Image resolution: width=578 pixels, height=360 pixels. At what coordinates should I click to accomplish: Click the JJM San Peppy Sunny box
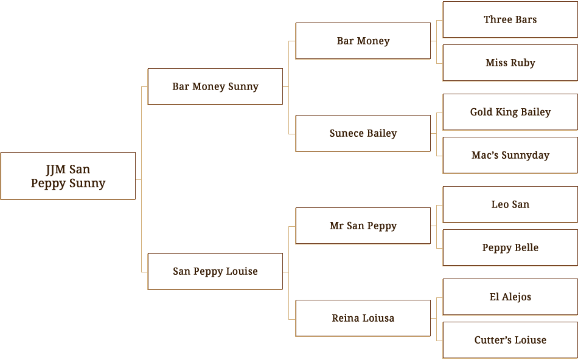pyautogui.click(x=68, y=176)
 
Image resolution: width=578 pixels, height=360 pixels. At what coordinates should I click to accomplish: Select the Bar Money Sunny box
pyautogui.click(x=215, y=86)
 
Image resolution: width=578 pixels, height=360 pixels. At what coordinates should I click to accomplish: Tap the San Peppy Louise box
pyautogui.click(x=215, y=271)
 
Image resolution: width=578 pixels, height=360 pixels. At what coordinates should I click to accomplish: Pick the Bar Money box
pyautogui.click(x=363, y=41)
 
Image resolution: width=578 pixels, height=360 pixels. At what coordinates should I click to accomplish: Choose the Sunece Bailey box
pyautogui.click(x=363, y=133)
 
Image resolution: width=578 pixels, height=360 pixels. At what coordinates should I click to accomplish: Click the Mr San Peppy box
pyautogui.click(x=363, y=226)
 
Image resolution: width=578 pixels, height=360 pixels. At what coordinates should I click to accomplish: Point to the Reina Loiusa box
pyautogui.click(x=363, y=318)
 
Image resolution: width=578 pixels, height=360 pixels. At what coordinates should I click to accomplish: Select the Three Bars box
pyautogui.click(x=510, y=19)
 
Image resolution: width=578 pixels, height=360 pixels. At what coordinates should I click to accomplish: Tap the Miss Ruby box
pyautogui.click(x=510, y=63)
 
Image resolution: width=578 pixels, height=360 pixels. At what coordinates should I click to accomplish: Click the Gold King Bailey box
pyautogui.click(x=510, y=112)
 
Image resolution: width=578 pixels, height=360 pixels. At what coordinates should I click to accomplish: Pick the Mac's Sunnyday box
pyautogui.click(x=510, y=155)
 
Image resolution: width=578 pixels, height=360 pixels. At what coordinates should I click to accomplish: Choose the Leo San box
pyautogui.click(x=510, y=204)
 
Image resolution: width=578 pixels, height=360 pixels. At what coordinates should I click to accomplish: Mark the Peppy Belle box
pyautogui.click(x=510, y=247)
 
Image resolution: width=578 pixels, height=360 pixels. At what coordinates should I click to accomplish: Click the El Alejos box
pyautogui.click(x=510, y=297)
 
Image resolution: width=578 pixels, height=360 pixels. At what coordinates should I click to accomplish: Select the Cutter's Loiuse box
pyautogui.click(x=510, y=340)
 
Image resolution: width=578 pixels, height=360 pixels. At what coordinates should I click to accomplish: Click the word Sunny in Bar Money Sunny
pyautogui.click(x=243, y=87)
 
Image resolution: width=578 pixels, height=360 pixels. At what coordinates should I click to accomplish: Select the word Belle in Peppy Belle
pyautogui.click(x=526, y=247)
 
